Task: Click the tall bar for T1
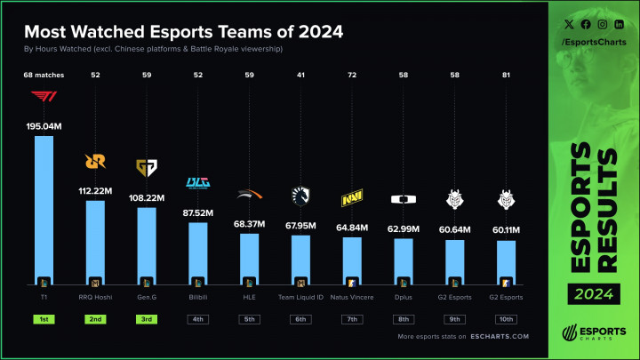(44, 209)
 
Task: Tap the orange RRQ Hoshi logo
(95, 162)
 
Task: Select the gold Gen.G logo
(146, 168)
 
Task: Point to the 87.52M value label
(197, 212)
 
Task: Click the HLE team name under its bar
(249, 296)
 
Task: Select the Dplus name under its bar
(403, 296)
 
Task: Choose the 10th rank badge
(505, 318)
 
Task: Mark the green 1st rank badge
(44, 318)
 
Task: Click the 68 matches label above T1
(44, 76)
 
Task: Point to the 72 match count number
(351, 76)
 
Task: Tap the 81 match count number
(505, 76)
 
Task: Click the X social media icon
(565, 25)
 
